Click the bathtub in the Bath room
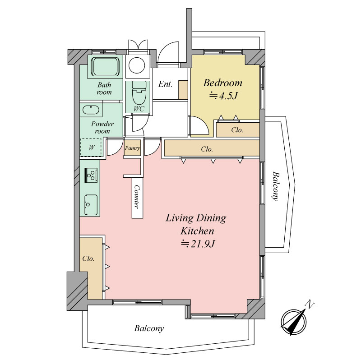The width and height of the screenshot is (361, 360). (x=105, y=66)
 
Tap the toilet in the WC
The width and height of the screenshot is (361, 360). (x=139, y=92)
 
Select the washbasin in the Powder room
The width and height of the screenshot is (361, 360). (x=91, y=110)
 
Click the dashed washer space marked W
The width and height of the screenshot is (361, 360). (x=91, y=148)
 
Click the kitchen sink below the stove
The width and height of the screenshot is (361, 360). (x=91, y=205)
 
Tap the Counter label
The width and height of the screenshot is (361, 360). (x=137, y=197)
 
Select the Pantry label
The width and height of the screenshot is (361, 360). (x=132, y=148)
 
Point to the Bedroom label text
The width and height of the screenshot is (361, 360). (x=222, y=83)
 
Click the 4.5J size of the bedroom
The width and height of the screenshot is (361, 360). (x=223, y=96)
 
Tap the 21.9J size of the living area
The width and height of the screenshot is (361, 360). (x=198, y=244)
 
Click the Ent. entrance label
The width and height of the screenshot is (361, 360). (x=165, y=84)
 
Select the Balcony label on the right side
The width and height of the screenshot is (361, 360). (x=275, y=186)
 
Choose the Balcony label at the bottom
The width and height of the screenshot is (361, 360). (x=149, y=328)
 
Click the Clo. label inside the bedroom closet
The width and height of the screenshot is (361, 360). (x=237, y=130)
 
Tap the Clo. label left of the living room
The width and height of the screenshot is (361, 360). (x=88, y=258)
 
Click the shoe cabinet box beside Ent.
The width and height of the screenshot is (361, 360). (x=183, y=90)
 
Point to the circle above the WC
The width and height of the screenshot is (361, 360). (x=137, y=65)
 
